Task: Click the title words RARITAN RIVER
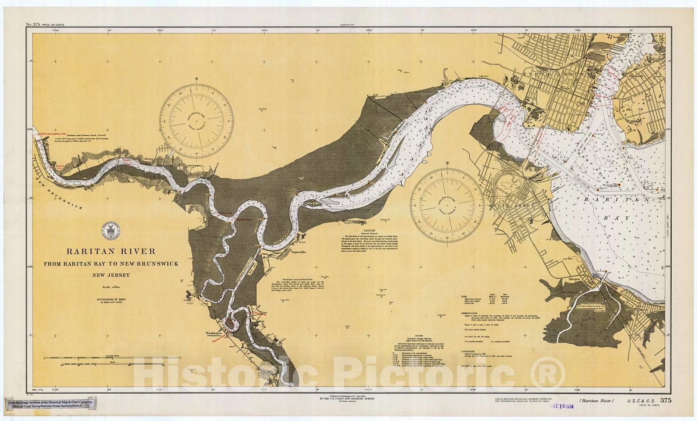111,251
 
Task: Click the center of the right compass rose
447,205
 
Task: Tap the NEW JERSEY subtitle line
111,275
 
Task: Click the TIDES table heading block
465,297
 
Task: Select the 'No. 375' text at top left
33,25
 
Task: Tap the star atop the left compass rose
197,79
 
